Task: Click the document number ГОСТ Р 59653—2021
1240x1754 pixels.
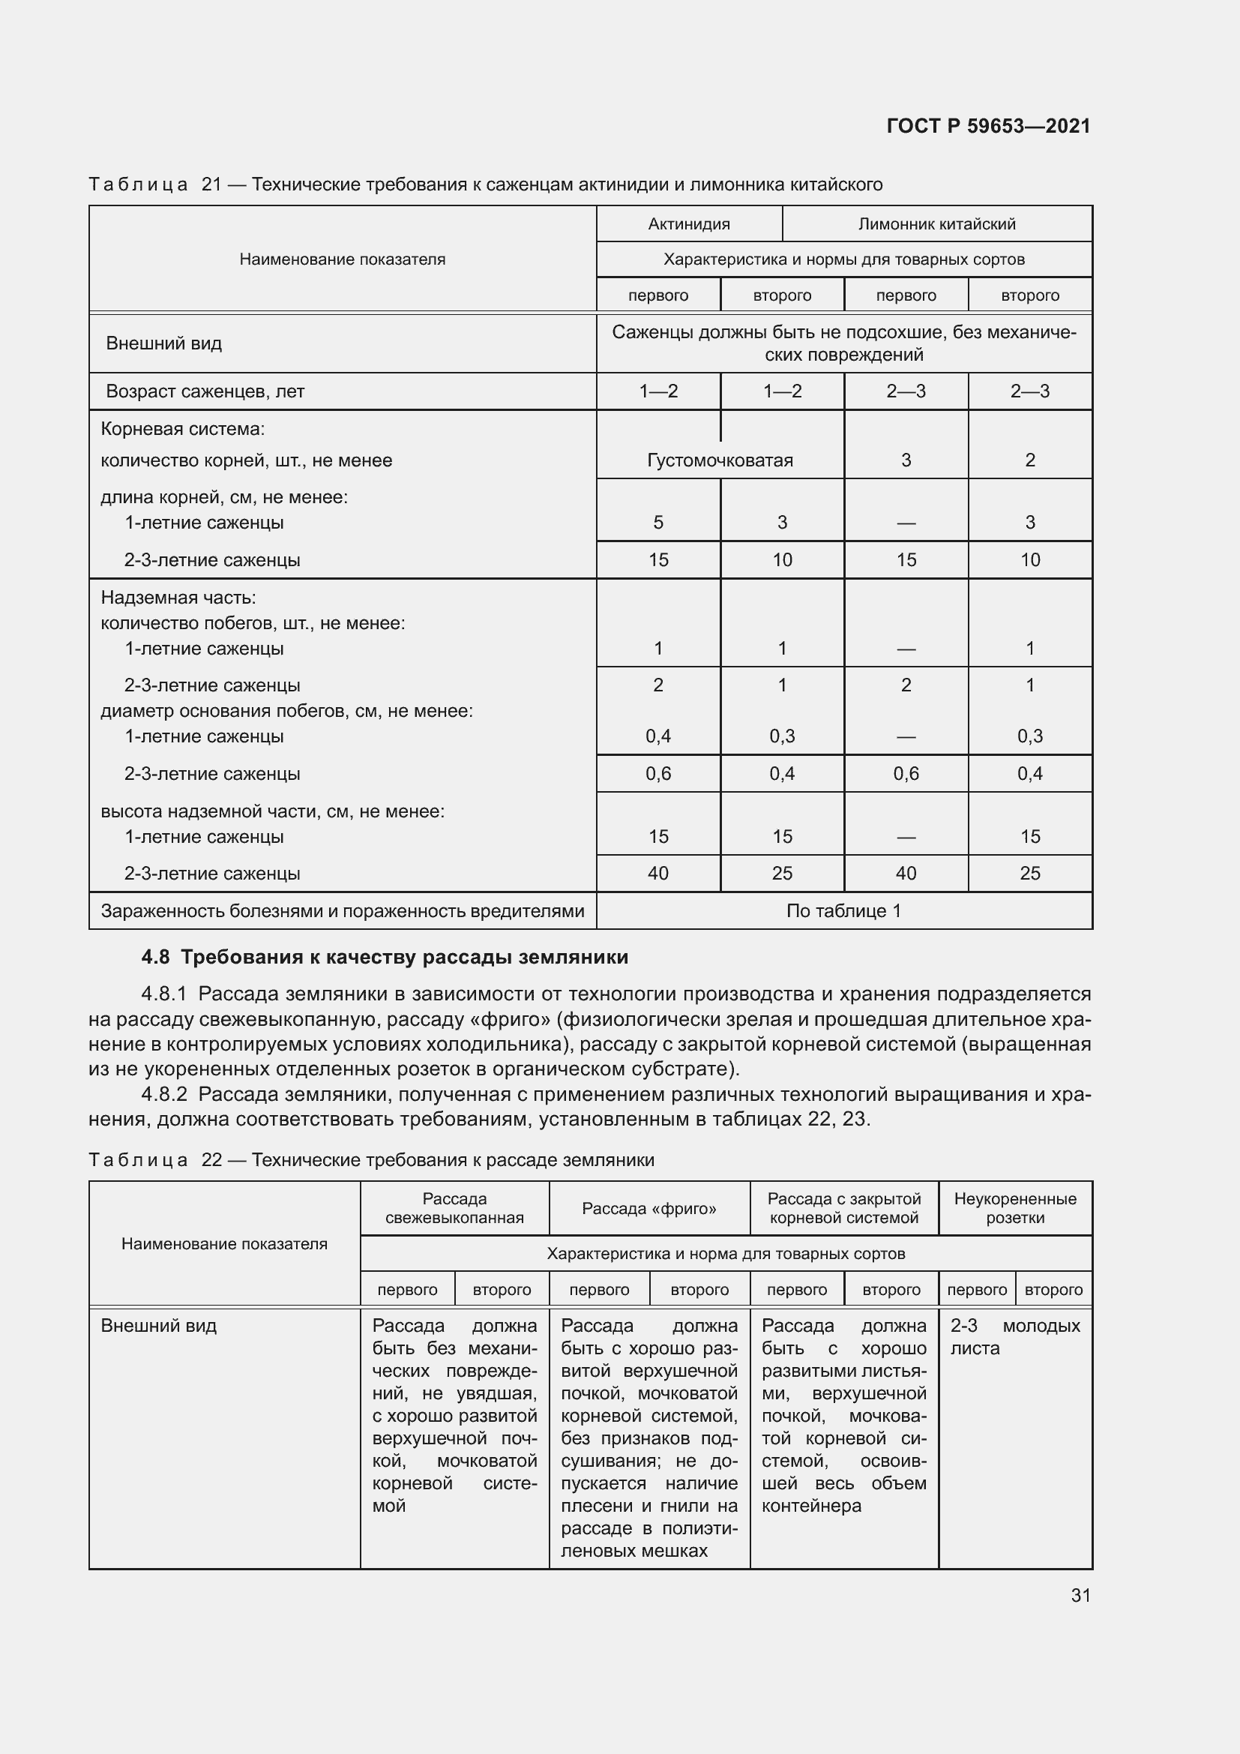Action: (988, 126)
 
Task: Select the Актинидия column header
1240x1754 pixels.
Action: (689, 223)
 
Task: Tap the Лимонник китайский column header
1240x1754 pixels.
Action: (937, 223)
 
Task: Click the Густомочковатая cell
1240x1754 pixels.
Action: (719, 460)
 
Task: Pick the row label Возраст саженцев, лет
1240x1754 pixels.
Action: (205, 392)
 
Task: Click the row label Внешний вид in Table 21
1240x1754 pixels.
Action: (163, 343)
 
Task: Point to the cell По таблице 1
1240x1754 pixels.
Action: (843, 910)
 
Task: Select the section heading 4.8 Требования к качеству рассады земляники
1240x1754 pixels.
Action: (385, 957)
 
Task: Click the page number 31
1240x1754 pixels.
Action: (1080, 1595)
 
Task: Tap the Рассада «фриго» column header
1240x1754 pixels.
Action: (649, 1209)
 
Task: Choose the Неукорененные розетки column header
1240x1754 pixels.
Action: (1015, 1209)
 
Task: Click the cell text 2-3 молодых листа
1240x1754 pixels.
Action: (1014, 1337)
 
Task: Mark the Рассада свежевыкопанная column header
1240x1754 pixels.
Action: (454, 1209)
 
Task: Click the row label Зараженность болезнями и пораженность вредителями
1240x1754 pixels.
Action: (342, 911)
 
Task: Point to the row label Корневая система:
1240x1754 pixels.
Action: (182, 430)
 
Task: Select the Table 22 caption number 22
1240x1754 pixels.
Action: (211, 1159)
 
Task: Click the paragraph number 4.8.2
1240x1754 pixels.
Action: (164, 1095)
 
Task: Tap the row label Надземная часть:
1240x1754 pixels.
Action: (178, 598)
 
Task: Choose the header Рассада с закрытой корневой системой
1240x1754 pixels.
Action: (843, 1209)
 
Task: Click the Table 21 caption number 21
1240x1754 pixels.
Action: (211, 184)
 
